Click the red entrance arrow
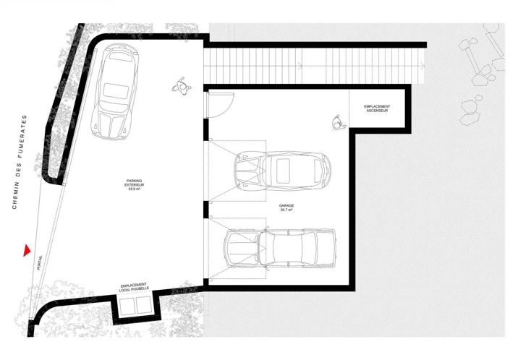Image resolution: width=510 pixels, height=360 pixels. (26, 250)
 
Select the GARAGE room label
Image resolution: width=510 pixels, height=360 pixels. (286, 205)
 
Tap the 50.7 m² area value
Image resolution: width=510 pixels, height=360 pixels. (286, 210)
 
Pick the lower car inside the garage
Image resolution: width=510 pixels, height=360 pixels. (280, 248)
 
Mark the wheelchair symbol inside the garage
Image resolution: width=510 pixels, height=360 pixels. (336, 122)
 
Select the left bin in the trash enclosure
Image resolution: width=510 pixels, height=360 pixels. (127, 308)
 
